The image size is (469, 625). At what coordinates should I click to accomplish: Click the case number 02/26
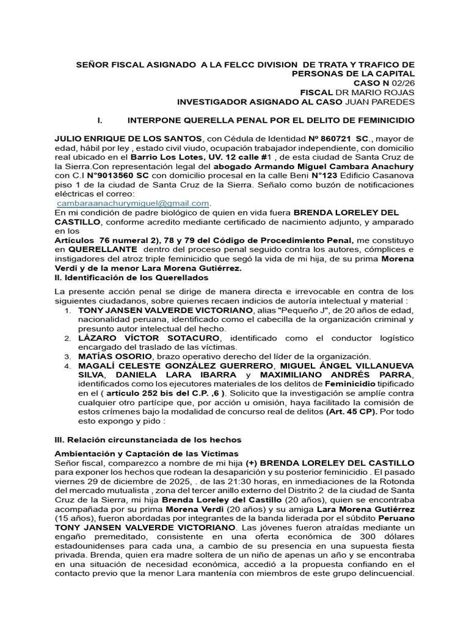click(x=405, y=83)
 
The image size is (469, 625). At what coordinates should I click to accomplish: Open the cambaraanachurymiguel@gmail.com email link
click(x=133, y=203)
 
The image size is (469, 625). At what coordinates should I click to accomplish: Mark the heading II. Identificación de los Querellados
click(x=133, y=277)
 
